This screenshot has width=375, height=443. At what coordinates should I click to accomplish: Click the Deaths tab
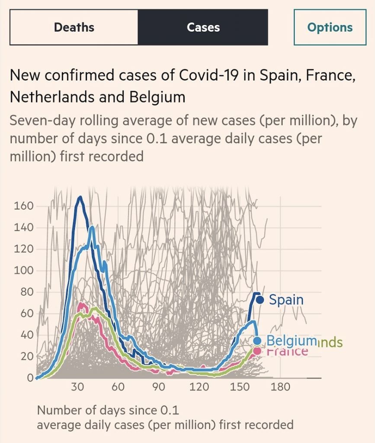coord(74,27)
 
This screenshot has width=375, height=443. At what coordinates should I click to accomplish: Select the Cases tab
coord(203,27)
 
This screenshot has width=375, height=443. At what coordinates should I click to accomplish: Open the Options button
coord(330,27)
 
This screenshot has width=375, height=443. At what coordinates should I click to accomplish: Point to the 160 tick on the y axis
coord(24,206)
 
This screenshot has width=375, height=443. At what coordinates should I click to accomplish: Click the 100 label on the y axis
coord(24,271)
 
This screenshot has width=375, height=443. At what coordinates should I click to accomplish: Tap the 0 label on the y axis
coord(30,378)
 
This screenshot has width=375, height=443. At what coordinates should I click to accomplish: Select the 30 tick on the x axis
coord(78,387)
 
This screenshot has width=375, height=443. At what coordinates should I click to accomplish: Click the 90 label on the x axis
coord(159,387)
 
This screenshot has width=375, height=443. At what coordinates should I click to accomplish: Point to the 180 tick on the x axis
coord(280,387)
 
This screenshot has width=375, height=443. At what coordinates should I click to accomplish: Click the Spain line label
coord(286,299)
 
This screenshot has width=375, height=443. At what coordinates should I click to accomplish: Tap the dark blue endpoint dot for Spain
coord(260,299)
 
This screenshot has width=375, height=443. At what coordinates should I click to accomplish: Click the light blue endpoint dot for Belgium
coord(257,340)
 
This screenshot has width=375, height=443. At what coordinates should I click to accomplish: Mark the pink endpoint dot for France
coord(257,350)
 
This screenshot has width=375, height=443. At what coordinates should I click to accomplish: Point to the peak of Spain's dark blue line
coord(80,197)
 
